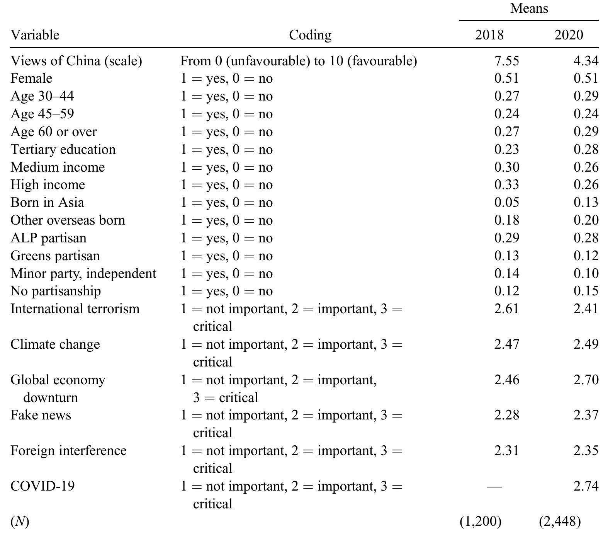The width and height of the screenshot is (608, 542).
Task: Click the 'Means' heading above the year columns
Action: tap(529, 9)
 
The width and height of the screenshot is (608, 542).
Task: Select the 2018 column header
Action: tap(489, 35)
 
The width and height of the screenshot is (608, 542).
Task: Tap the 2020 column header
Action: tap(569, 35)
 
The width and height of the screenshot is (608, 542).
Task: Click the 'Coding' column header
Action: tap(310, 35)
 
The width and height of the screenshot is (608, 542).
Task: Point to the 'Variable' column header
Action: tap(35, 35)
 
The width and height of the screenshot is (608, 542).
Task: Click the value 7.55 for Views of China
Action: tap(506, 61)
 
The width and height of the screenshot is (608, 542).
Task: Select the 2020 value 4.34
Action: tap(586, 61)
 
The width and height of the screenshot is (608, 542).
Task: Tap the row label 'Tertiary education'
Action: tap(63, 150)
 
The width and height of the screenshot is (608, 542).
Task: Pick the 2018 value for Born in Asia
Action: tap(506, 203)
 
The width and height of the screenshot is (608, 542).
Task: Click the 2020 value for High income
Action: tap(586, 185)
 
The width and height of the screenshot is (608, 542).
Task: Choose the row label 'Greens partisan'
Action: tap(55, 256)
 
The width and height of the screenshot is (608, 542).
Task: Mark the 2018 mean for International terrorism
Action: tap(506, 309)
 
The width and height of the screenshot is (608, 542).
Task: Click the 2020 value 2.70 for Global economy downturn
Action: tap(586, 380)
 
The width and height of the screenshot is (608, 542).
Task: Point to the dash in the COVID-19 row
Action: tap(494, 486)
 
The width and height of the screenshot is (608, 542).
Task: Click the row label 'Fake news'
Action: tap(41, 415)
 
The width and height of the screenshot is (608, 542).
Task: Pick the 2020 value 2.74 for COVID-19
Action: tap(586, 486)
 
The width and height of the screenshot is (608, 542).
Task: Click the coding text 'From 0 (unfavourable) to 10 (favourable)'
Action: tap(299, 61)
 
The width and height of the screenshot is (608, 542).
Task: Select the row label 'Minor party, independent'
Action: tap(83, 274)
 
